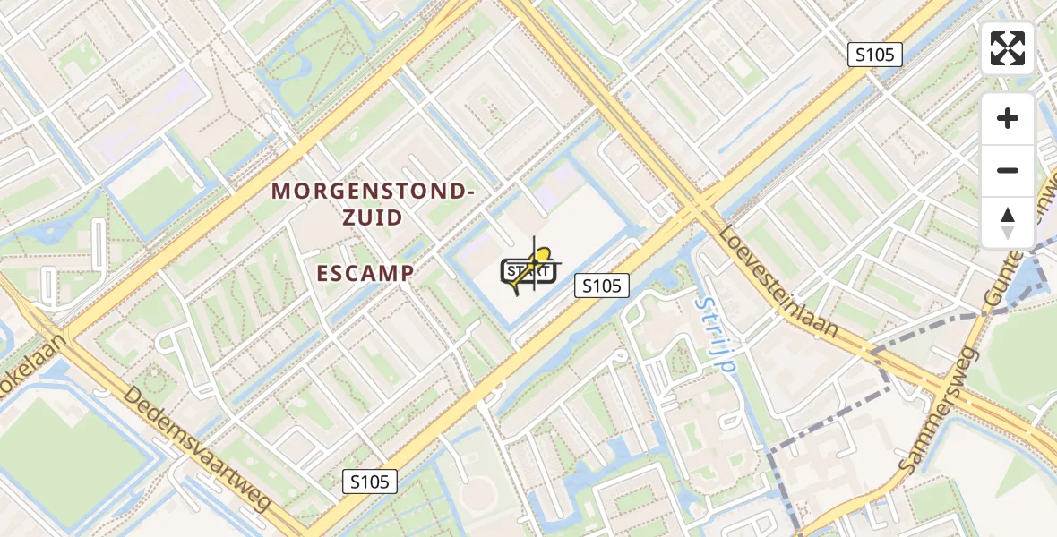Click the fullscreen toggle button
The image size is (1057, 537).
(1008, 48)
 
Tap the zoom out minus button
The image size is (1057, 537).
(1008, 170)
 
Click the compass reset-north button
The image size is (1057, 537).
(1008, 222)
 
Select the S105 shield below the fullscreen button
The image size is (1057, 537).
(874, 55)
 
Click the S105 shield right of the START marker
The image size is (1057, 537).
(602, 286)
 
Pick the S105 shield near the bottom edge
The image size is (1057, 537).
(370, 482)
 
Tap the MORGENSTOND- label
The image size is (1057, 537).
(372, 191)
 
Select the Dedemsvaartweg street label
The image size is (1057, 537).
(197, 449)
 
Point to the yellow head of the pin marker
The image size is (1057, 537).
(541, 257)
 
